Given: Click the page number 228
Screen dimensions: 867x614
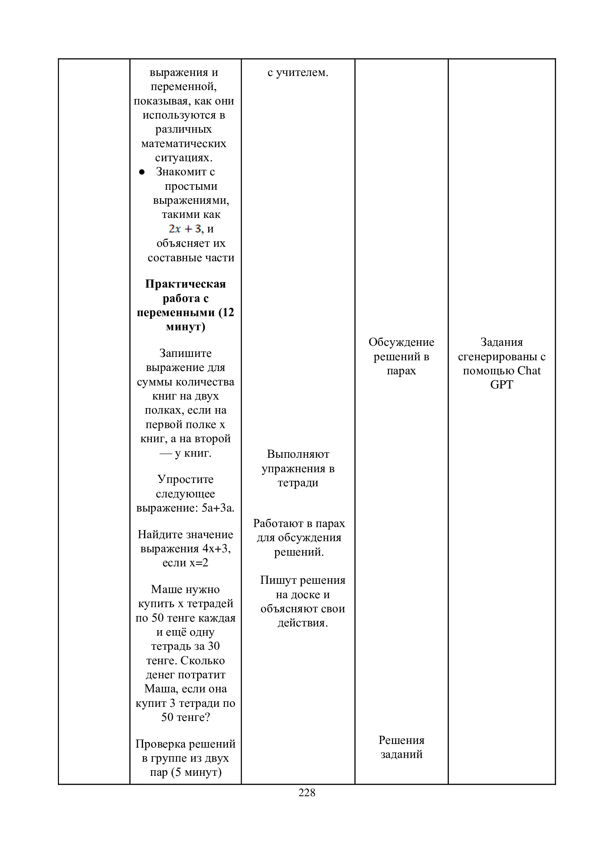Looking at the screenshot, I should point(307,792).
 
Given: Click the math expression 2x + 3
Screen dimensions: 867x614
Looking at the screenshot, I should point(185,229).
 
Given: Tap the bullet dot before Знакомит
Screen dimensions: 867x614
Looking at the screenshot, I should point(142,172).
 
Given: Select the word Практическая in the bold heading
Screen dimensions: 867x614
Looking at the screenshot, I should point(185,284).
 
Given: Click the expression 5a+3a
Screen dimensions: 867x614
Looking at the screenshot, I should point(218,508).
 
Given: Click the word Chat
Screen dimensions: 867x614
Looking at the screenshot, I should point(529,370).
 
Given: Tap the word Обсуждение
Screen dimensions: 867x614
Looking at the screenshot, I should point(401,342).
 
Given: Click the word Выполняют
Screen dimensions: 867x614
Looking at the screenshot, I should point(298,454).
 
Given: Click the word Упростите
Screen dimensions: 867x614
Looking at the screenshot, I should point(185,479).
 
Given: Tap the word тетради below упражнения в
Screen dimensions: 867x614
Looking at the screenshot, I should point(298,483).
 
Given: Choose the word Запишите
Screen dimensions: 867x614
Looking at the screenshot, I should point(185,353).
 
